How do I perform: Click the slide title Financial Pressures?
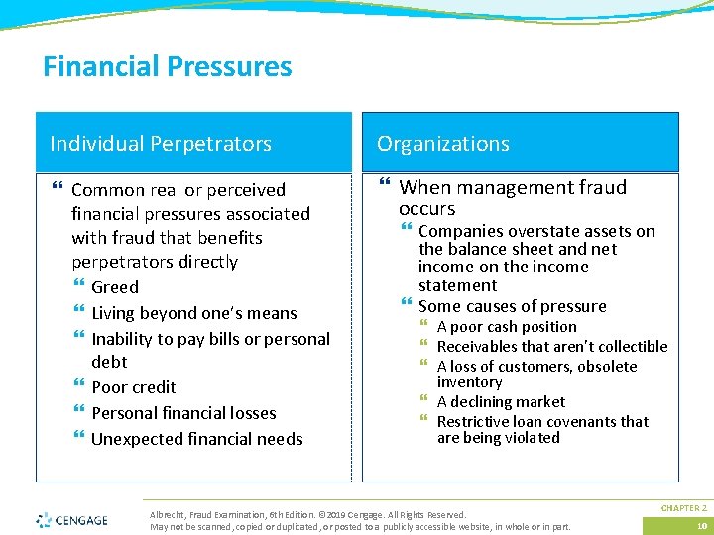(x=167, y=67)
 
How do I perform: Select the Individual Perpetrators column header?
(x=161, y=144)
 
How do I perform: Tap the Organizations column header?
(x=442, y=144)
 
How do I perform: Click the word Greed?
(x=115, y=287)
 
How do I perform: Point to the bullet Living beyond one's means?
(x=193, y=313)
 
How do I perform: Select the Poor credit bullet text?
(x=133, y=387)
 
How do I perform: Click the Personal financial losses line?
(x=183, y=413)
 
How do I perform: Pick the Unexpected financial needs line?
(x=196, y=439)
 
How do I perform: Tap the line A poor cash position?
(x=506, y=327)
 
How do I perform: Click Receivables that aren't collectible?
(x=551, y=347)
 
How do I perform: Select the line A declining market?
(x=501, y=402)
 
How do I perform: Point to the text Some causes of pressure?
(x=512, y=306)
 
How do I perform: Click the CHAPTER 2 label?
(x=683, y=507)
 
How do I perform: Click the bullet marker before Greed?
(x=79, y=287)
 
